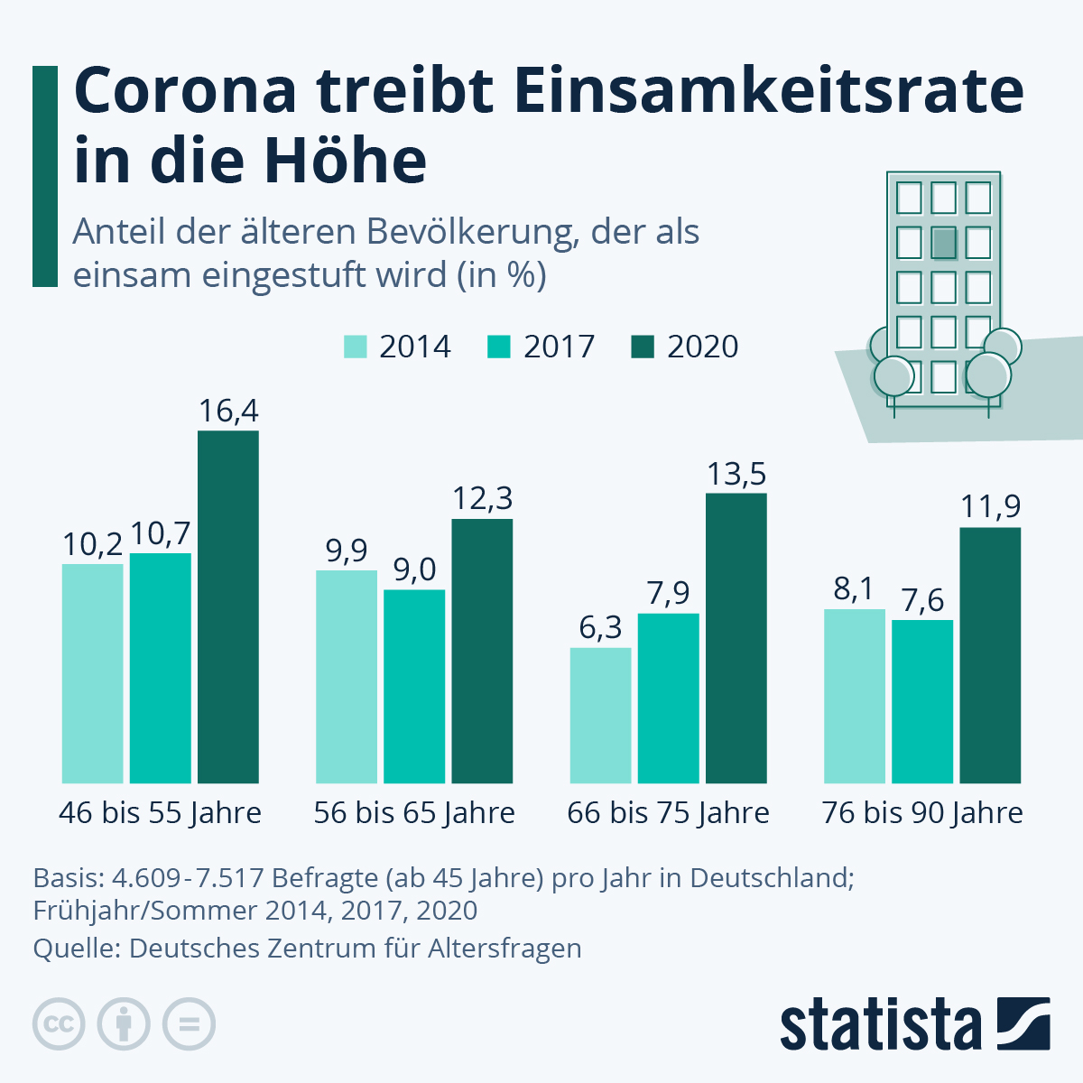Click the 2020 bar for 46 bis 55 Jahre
(x=228, y=606)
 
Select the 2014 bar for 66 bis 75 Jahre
(x=600, y=715)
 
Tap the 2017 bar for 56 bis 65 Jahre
(x=414, y=686)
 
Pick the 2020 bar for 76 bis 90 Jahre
(x=990, y=655)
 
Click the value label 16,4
(x=228, y=412)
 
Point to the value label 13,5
(x=736, y=474)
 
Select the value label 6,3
(x=600, y=627)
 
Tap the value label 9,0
(x=414, y=569)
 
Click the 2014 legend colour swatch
(x=356, y=347)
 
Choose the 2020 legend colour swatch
(x=643, y=347)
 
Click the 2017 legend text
(x=559, y=347)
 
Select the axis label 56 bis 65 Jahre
(x=414, y=813)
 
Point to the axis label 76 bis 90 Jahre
(x=922, y=813)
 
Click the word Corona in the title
(x=185, y=90)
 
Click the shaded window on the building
(x=943, y=243)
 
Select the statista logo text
(x=880, y=1024)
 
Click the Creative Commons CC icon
(x=59, y=1024)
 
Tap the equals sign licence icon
(x=189, y=1024)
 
